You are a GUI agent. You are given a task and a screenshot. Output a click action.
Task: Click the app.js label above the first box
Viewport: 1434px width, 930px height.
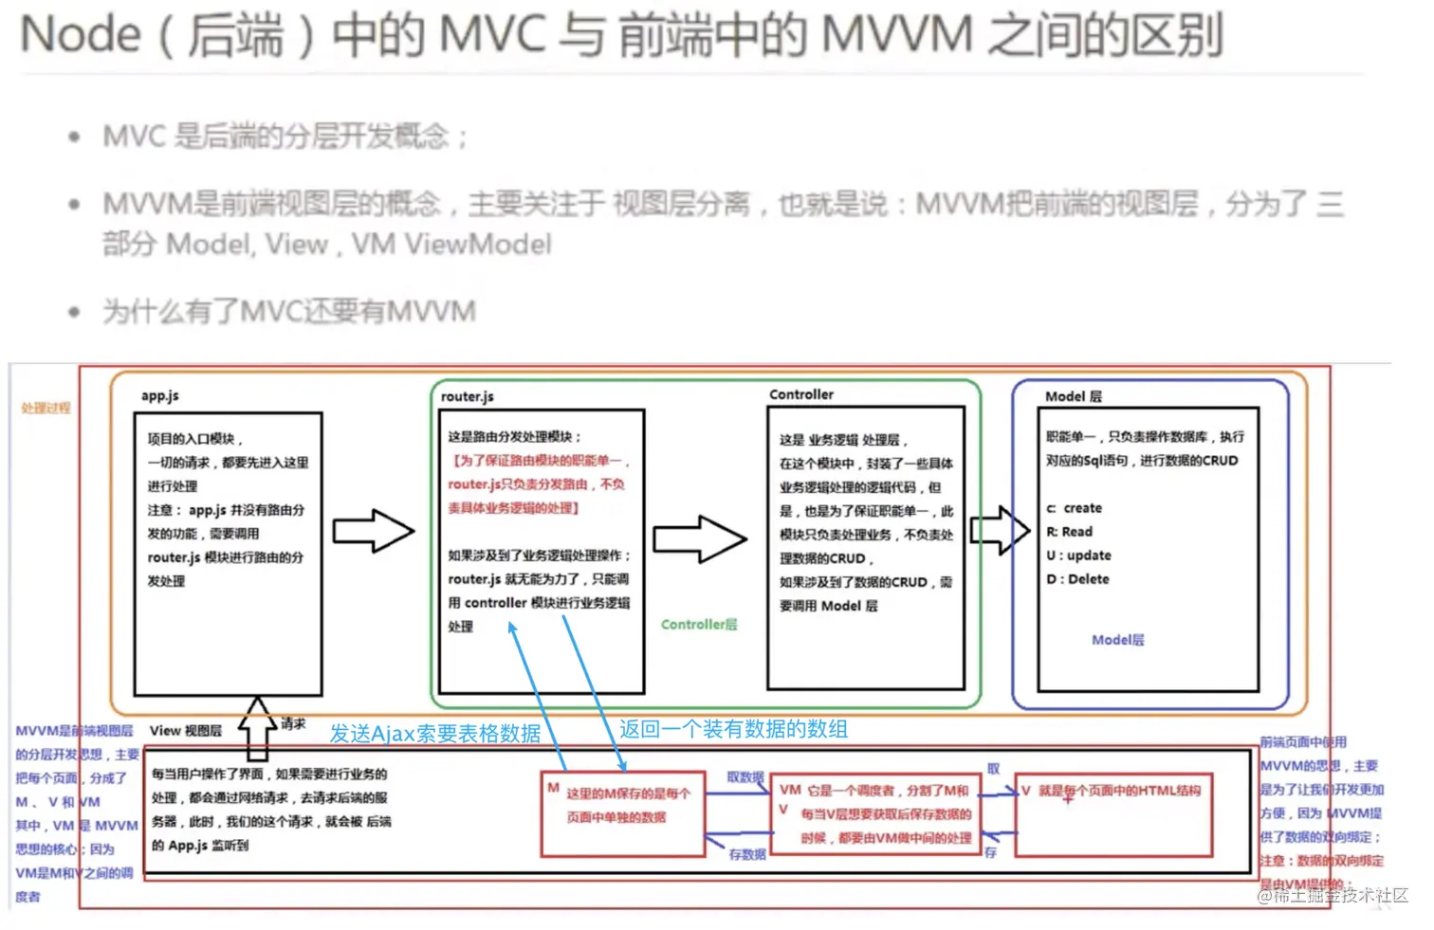point(159,396)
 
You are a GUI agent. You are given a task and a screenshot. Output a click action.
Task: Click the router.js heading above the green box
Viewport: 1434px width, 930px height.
point(467,397)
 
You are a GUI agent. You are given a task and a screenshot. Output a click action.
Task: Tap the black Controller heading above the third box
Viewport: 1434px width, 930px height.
point(801,394)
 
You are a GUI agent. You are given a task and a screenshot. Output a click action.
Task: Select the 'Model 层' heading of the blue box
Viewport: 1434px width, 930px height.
point(1074,396)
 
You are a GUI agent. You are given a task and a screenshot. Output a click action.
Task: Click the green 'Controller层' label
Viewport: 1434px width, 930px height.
point(699,625)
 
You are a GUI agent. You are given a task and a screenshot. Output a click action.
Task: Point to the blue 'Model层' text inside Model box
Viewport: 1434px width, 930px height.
point(1117,640)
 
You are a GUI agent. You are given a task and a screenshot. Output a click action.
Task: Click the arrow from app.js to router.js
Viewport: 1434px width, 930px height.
point(373,531)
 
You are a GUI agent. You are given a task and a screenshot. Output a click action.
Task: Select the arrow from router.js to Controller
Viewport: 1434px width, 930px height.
point(700,538)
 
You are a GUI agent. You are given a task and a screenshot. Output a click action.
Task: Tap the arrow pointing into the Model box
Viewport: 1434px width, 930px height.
point(1000,530)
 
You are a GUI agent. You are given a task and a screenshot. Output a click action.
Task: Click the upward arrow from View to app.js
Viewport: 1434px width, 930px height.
point(257,728)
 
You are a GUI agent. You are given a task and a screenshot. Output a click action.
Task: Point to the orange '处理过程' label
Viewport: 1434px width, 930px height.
point(46,408)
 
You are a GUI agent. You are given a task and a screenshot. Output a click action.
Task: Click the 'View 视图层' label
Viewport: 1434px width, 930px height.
point(186,731)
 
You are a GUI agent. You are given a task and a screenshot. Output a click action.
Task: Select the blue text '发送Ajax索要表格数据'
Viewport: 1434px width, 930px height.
point(435,734)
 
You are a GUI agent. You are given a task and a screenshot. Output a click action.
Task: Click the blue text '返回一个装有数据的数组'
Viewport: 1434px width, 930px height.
point(733,729)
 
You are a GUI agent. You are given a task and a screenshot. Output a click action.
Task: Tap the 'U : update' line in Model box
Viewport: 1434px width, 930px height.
point(1078,556)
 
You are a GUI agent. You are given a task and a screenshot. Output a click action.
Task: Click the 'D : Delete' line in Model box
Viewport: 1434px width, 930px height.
point(1077,579)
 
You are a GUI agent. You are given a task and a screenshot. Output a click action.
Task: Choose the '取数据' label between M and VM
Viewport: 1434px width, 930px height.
point(745,777)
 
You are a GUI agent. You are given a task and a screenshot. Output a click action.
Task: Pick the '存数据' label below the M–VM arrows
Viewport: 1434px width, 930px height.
point(747,854)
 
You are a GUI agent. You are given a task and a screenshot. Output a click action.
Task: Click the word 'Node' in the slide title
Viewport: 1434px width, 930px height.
point(81,35)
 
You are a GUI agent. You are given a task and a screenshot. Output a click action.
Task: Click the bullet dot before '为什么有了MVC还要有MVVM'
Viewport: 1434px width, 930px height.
point(74,312)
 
